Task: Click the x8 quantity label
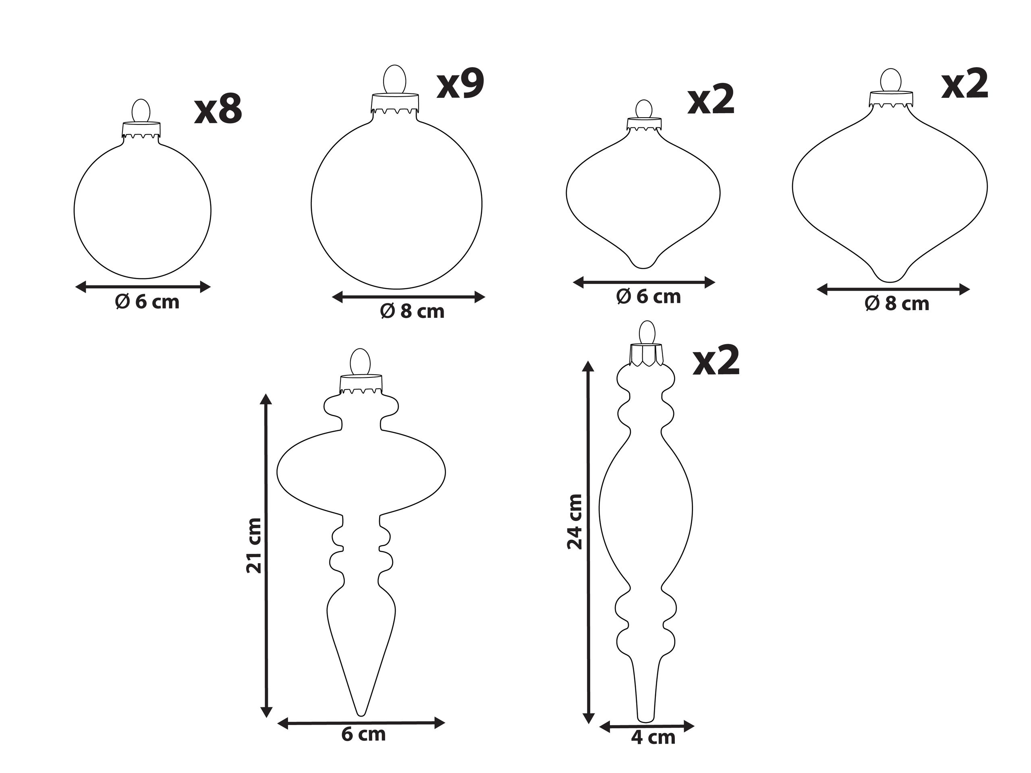click(x=218, y=110)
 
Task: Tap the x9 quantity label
click(x=461, y=84)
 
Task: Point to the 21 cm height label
click(x=254, y=545)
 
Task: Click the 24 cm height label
click(x=575, y=522)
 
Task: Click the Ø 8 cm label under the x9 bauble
click(x=413, y=311)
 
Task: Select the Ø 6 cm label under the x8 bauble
click(x=147, y=302)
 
